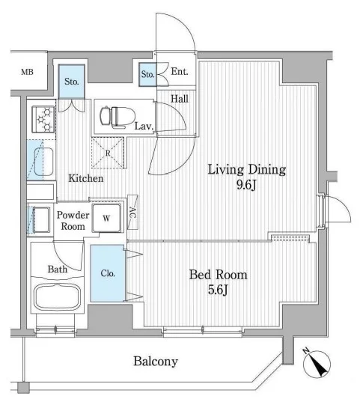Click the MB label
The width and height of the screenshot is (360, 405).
coord(27,72)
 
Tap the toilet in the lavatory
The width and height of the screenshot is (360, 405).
coord(118,117)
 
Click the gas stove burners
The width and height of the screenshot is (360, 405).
coord(43,119)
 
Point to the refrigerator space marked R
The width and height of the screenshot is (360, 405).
coord(108,153)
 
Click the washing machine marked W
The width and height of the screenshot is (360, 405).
coord(107,219)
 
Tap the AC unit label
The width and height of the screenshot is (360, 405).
coord(132,213)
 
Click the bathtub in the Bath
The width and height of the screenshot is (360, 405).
coord(57,297)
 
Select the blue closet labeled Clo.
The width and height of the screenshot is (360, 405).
coord(107,273)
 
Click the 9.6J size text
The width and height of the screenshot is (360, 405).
coord(246,184)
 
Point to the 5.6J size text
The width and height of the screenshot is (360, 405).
coord(218,290)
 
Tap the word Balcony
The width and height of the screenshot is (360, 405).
coord(156,362)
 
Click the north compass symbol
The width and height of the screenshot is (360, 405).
coord(317,363)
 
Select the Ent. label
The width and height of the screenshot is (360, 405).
coord(180,72)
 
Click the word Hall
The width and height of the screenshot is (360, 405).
coord(180,98)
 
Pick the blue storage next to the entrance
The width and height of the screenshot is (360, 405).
coord(147,74)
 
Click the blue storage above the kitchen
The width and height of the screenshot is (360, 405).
coord(72,82)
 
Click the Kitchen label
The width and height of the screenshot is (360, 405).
coord(86,178)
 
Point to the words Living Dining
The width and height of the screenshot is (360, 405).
coord(247,170)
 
